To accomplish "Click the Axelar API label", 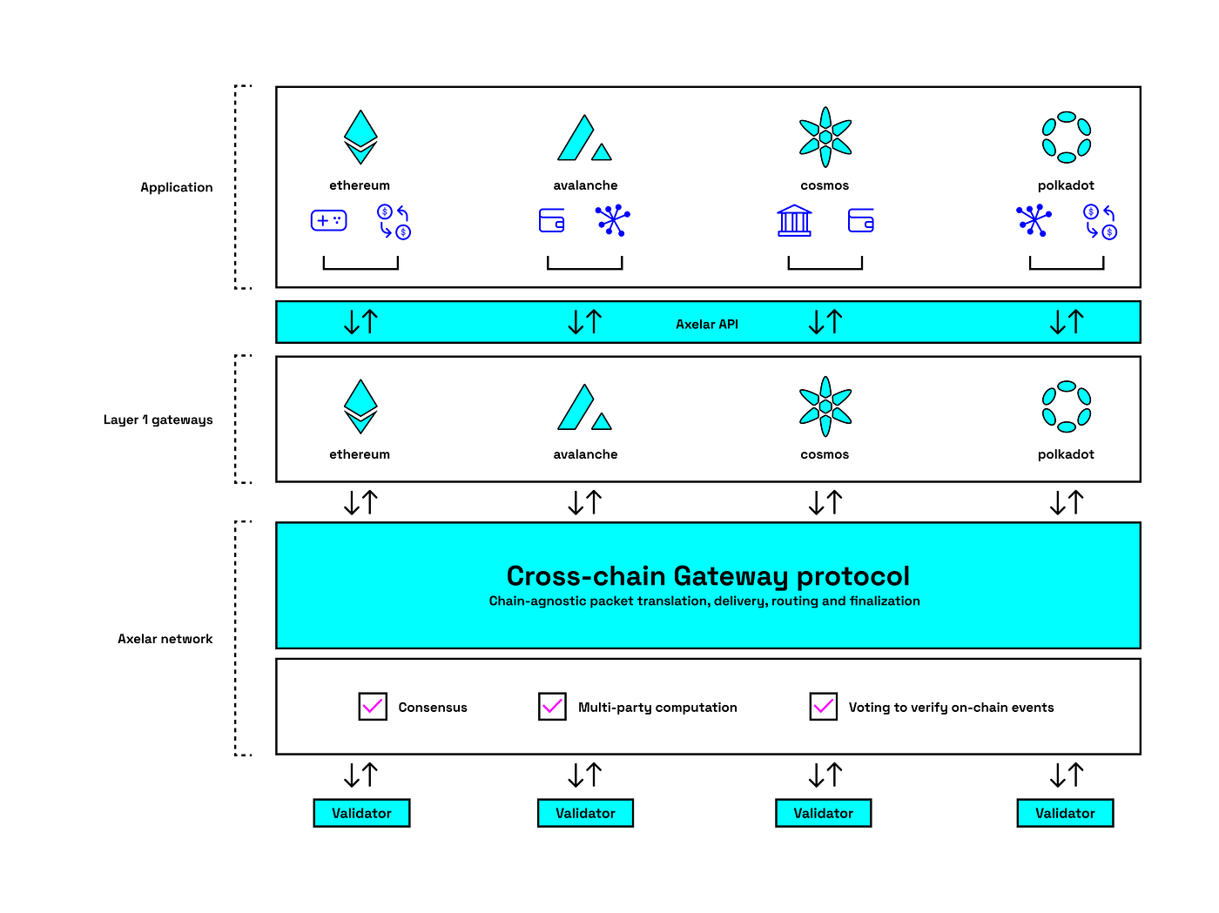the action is [x=706, y=324].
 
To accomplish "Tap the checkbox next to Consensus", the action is [x=373, y=707].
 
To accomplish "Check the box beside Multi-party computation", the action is [x=552, y=707].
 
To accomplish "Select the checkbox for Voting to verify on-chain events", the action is [x=823, y=707].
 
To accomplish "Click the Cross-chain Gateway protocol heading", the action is [x=708, y=576].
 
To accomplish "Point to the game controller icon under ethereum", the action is [x=329, y=220].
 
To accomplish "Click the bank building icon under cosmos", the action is [x=794, y=220].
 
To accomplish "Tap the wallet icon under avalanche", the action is [x=551, y=220].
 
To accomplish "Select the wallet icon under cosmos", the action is [x=861, y=220].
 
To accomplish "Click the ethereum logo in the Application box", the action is [x=360, y=138].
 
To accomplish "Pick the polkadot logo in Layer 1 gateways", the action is [x=1067, y=406].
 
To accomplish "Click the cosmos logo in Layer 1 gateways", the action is [x=825, y=406].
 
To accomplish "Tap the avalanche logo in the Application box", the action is [x=584, y=138].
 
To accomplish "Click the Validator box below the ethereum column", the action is [x=361, y=813].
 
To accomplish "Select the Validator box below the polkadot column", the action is [x=1065, y=813].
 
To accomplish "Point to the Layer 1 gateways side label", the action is [x=158, y=420].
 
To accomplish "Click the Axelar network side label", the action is [x=165, y=639].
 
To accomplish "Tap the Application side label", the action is [x=177, y=188].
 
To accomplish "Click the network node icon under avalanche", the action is [x=613, y=220].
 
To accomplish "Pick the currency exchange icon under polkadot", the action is [x=1101, y=221].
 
